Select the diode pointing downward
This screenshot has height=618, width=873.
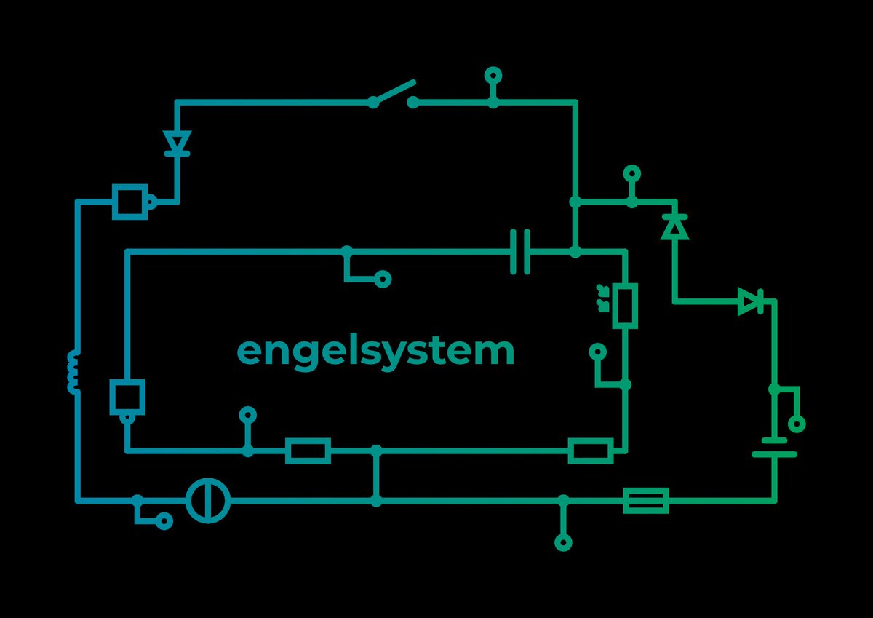tap(177, 142)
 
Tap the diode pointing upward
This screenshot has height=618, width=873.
tap(675, 227)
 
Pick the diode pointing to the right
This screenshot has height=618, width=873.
tap(750, 301)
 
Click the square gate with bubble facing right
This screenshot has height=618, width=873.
tap(131, 201)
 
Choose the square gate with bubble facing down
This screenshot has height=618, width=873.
tap(127, 397)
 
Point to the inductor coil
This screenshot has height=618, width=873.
tap(73, 371)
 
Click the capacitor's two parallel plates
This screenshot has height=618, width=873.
tap(519, 252)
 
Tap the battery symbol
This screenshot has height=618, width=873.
tap(774, 447)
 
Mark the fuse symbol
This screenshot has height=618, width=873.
tap(646, 501)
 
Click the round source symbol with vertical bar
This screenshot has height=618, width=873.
tap(208, 501)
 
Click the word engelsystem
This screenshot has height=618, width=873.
tap(375, 352)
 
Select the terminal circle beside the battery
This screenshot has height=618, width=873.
tap(797, 424)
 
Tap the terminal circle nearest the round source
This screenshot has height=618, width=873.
tap(165, 521)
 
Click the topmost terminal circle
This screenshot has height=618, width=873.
tap(493, 74)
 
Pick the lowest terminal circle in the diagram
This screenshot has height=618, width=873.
tap(563, 542)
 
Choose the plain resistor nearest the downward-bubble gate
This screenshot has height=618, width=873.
tap(308, 451)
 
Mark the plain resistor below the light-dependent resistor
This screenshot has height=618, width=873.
tap(590, 451)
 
